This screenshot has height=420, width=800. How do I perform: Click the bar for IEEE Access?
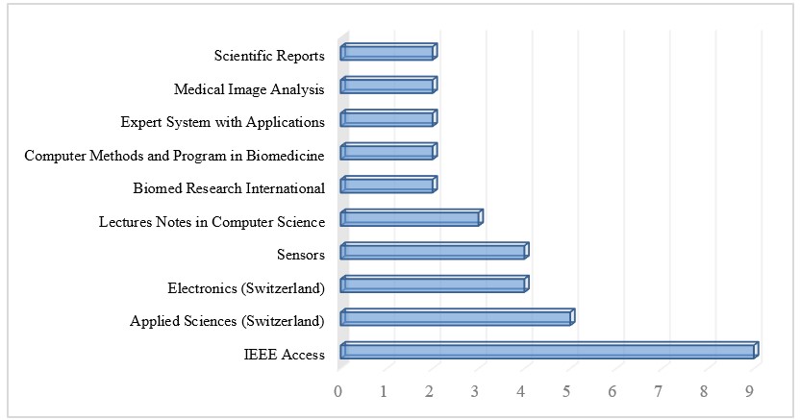pos(548,351)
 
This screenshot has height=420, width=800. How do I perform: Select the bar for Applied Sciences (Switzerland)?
pos(456,317)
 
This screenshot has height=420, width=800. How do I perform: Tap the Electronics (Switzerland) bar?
pos(434,284)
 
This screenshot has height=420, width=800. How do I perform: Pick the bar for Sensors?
pos(434,251)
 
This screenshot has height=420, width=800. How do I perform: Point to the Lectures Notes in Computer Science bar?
pos(411,218)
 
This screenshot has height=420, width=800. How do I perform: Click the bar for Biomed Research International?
pos(387,185)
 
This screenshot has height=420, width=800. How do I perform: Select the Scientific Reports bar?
pos(387,52)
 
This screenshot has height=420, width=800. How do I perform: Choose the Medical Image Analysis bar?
pos(387,86)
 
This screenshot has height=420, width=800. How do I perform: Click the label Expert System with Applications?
pos(222,122)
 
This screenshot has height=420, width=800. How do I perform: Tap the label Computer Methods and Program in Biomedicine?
pos(174,155)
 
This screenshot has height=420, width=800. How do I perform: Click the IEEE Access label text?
pos(284,355)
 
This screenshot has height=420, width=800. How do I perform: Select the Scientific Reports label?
pos(269,56)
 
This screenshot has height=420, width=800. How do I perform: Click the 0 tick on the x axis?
pos(338,391)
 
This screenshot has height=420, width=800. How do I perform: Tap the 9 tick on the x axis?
pos(750,391)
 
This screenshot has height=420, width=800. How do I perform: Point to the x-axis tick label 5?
pos(567,391)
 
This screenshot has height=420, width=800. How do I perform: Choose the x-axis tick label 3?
pos(476,391)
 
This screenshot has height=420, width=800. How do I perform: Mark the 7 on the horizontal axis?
pos(659,391)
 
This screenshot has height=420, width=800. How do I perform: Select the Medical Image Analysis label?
pos(249,89)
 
